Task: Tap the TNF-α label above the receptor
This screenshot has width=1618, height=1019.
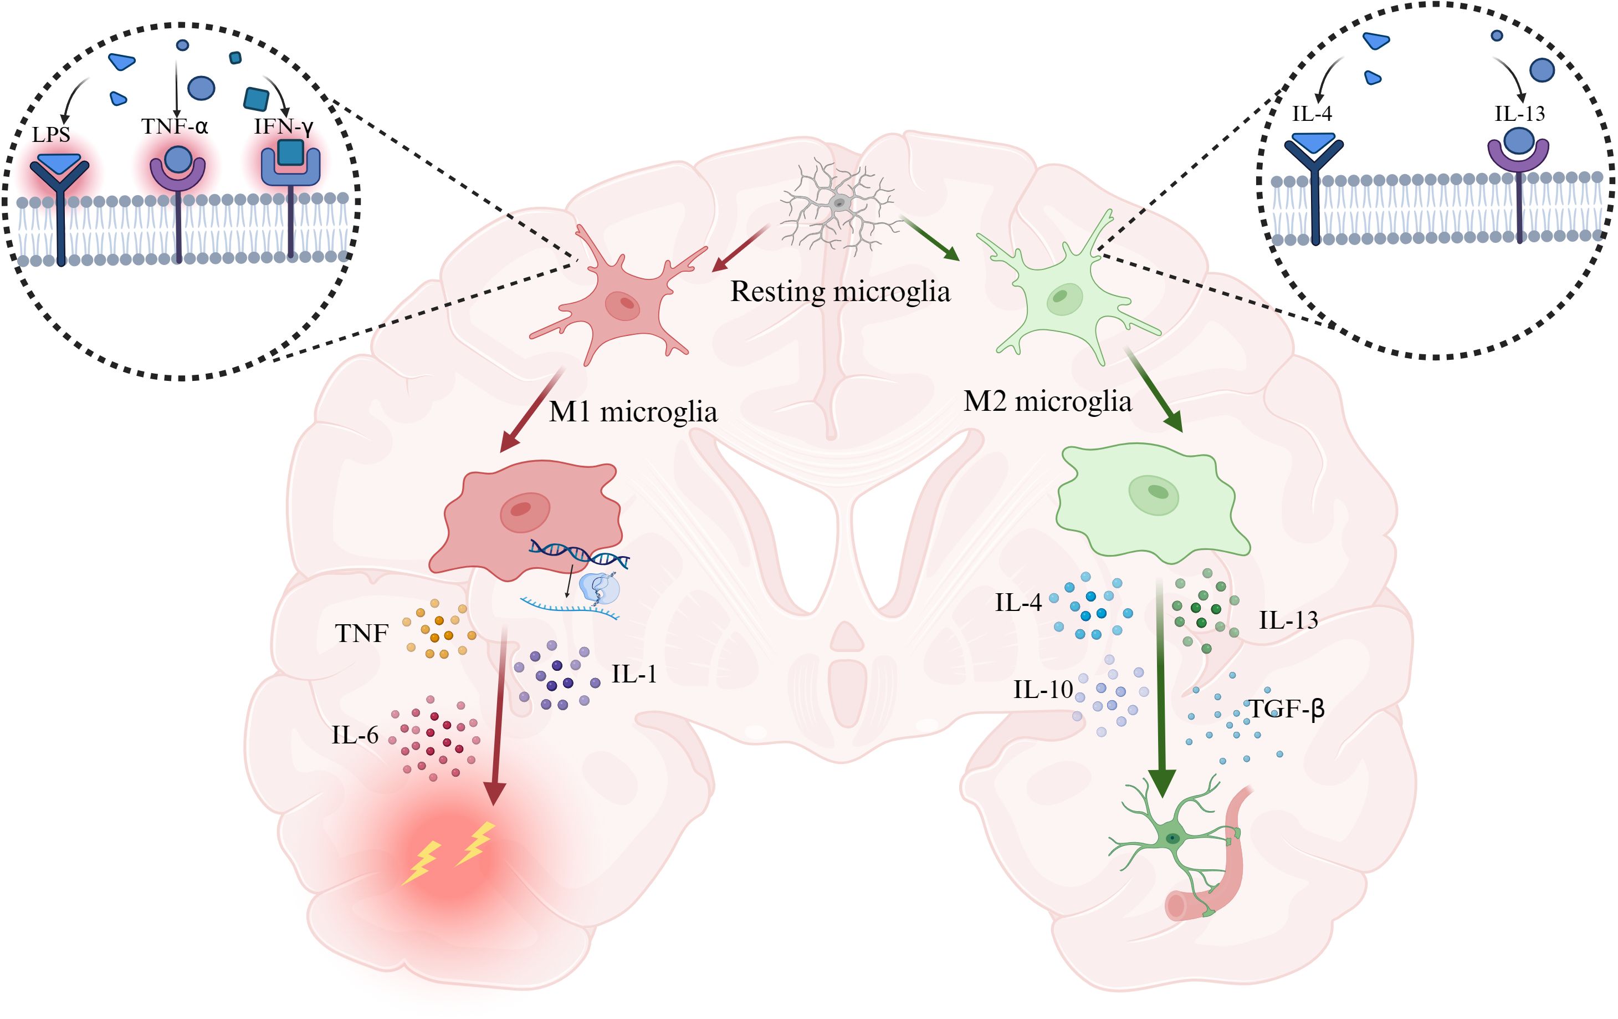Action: coord(175,126)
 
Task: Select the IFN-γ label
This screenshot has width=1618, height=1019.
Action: coord(284,126)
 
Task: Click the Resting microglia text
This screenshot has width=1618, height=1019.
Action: coord(840,292)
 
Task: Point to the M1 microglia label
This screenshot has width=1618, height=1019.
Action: coord(633,411)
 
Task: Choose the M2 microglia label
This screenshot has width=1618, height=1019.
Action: coord(1047,401)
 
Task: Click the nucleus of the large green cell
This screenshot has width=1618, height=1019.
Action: coord(1154,494)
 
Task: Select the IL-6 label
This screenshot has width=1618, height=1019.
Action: coord(355,735)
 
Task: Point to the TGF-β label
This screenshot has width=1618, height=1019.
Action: coord(1286,709)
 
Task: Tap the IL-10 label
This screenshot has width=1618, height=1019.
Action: coord(1043,690)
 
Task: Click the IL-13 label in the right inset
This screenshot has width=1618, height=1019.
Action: coord(1519,114)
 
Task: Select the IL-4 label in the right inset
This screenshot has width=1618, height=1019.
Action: coord(1312,114)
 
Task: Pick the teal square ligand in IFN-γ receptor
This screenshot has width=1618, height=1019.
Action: coord(290,152)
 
